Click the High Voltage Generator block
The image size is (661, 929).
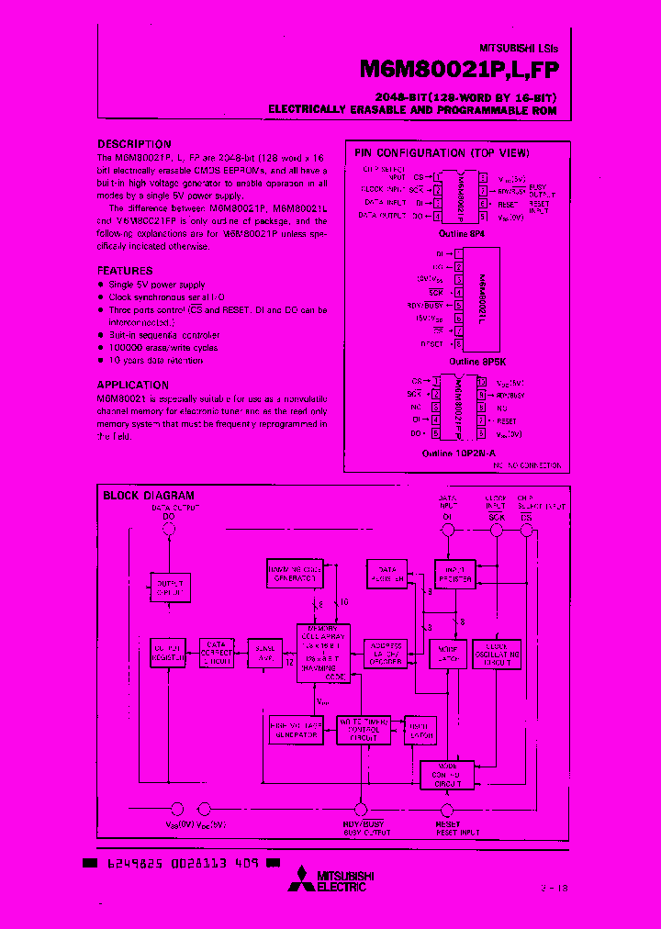pyautogui.click(x=295, y=729)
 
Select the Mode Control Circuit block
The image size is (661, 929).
pyautogui.click(x=447, y=777)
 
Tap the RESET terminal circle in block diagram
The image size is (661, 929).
pyautogui.click(x=448, y=811)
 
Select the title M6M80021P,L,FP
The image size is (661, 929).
pyautogui.click(x=459, y=71)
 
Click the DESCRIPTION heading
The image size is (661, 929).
pyautogui.click(x=134, y=144)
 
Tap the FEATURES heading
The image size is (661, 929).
pyautogui.click(x=125, y=271)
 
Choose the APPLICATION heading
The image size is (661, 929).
pyautogui.click(x=132, y=386)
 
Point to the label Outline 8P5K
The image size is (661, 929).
pyautogui.click(x=471, y=362)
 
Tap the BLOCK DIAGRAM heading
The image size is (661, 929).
pyautogui.click(x=149, y=496)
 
